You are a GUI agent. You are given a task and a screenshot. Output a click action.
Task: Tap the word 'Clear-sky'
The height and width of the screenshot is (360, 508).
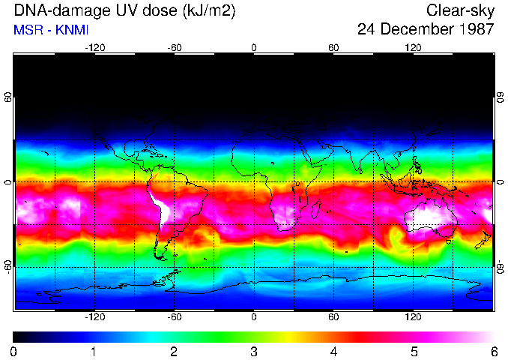[460, 10]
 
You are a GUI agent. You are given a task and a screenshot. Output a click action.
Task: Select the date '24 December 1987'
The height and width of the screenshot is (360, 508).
[426, 29]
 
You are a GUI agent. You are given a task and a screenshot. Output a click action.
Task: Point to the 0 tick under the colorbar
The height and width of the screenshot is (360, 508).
[13, 351]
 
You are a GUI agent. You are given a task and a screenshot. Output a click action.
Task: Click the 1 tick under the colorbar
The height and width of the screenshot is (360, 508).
[94, 351]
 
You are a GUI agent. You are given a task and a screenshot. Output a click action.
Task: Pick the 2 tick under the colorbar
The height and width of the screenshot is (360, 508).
[173, 351]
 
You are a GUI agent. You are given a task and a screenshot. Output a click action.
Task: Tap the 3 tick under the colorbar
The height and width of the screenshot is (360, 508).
[253, 351]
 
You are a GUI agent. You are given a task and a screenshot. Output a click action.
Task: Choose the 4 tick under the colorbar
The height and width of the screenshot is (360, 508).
[333, 351]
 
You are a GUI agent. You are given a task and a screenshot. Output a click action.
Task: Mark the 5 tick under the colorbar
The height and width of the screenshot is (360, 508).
[414, 351]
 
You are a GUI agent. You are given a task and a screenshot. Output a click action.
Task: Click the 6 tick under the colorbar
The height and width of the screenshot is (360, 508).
[493, 351]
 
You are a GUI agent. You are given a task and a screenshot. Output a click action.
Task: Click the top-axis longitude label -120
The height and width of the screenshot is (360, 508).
[94, 47]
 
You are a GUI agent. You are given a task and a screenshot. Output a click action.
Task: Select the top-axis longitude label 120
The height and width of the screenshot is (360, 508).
[413, 47]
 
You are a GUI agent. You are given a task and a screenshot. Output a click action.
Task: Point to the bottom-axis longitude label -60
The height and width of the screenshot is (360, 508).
[175, 317]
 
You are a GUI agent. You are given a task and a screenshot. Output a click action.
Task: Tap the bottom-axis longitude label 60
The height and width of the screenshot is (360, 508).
[333, 317]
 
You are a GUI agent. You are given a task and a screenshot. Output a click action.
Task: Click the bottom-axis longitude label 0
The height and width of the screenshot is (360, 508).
[254, 317]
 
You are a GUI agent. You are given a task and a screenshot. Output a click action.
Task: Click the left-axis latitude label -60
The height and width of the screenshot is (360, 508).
[8, 267]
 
